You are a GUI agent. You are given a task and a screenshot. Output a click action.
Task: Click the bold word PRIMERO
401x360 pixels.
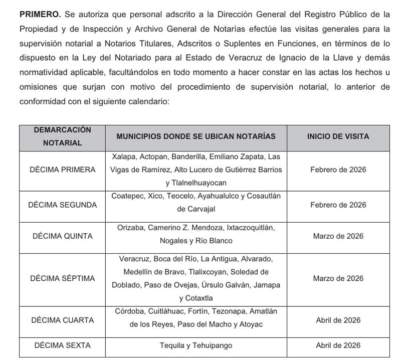tap(39, 15)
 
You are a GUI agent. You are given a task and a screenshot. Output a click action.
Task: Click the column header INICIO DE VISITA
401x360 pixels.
tap(338, 136)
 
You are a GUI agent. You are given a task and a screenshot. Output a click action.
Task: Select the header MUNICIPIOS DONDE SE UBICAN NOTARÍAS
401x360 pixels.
tap(196, 136)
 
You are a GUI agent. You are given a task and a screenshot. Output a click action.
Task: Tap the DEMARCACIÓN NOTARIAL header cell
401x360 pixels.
tap(62, 136)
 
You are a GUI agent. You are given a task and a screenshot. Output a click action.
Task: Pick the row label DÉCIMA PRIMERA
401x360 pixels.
tap(62, 169)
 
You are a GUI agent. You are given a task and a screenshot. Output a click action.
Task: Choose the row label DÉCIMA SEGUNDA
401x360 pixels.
tap(62, 205)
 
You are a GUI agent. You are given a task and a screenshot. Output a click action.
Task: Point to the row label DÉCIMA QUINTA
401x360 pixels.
tap(62, 236)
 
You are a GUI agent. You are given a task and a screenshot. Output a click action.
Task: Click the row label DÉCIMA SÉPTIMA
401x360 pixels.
tap(62, 278)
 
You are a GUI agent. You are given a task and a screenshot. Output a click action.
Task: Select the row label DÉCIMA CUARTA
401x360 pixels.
tap(62, 320)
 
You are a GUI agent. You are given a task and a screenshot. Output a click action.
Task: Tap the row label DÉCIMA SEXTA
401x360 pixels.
tap(62, 345)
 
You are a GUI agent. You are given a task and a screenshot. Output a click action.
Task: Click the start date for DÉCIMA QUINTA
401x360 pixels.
tap(338, 236)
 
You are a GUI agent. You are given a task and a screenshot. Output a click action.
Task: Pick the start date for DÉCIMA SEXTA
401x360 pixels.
tap(338, 345)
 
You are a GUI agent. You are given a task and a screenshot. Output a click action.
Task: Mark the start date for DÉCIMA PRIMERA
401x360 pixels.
tap(338, 169)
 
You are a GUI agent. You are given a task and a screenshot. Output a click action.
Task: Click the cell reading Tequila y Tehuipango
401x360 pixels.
tap(196, 345)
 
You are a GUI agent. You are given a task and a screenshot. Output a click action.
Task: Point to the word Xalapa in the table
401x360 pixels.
tap(123, 156)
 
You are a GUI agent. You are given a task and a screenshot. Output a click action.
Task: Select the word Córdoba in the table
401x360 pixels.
tap(129, 311)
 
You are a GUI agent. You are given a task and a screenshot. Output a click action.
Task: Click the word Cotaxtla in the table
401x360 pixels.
tap(196, 298)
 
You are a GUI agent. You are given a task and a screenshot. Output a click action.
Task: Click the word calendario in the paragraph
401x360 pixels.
tap(148, 101)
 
